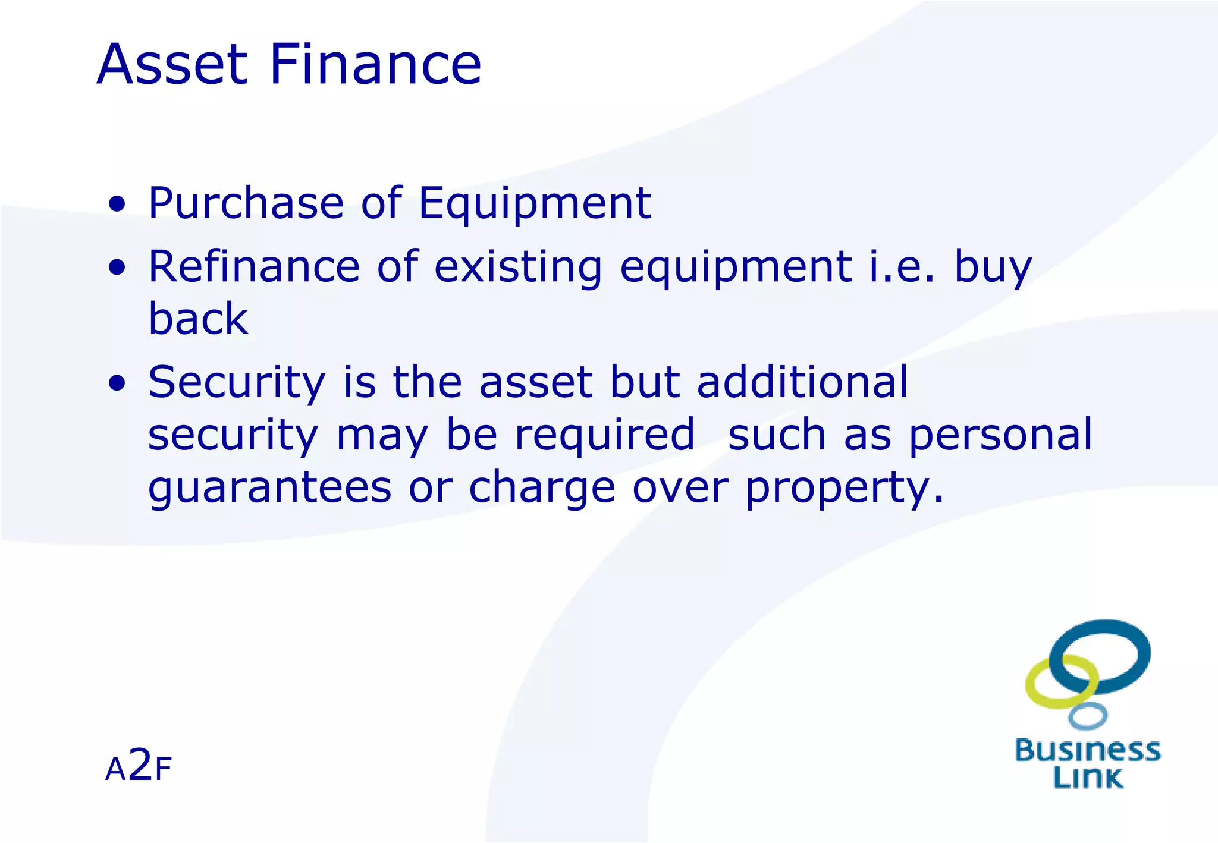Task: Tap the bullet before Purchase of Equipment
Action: pyautogui.click(x=117, y=205)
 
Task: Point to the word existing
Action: pyautogui.click(x=518, y=268)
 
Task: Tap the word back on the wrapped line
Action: pyautogui.click(x=198, y=319)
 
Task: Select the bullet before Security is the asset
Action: pyautogui.click(x=117, y=383)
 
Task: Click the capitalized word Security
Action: pyautogui.click(x=237, y=383)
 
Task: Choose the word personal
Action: pyautogui.click(x=1000, y=436)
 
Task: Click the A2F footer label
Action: pyautogui.click(x=138, y=766)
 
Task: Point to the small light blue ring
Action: pyautogui.click(x=1087, y=716)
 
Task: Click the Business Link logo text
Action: pyautogui.click(x=1087, y=764)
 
